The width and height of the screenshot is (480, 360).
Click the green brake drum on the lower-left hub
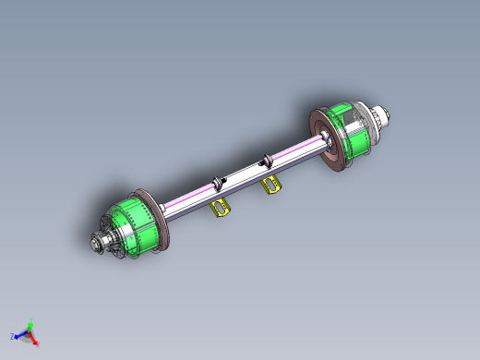(129, 225)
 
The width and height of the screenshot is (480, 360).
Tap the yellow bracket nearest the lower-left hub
(222, 208)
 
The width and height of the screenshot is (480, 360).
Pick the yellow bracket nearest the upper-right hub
(271, 186)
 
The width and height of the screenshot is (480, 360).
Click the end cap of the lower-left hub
(96, 244)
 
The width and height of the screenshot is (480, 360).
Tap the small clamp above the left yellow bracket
(219, 181)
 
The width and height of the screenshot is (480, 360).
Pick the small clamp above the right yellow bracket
(268, 160)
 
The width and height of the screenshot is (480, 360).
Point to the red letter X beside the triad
(37, 344)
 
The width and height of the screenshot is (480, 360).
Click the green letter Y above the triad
(30, 320)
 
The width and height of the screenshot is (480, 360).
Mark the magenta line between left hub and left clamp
(189, 197)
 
